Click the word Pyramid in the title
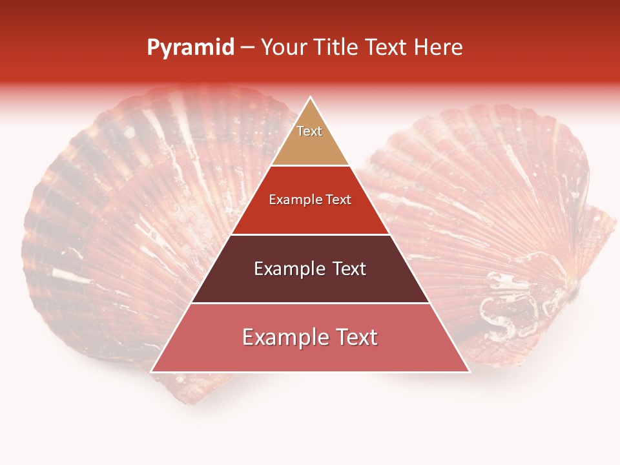pos(191,48)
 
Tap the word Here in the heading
pos(439,48)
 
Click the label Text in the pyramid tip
pos(309,131)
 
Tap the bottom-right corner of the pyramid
pos(468,371)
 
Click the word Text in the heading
pos(389,48)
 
